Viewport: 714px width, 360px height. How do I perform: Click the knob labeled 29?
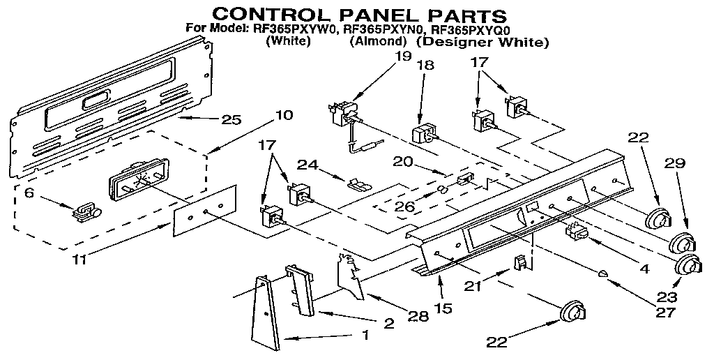681,243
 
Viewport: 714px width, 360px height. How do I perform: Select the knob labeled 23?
688,267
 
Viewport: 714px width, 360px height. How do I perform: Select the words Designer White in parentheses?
483,42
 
